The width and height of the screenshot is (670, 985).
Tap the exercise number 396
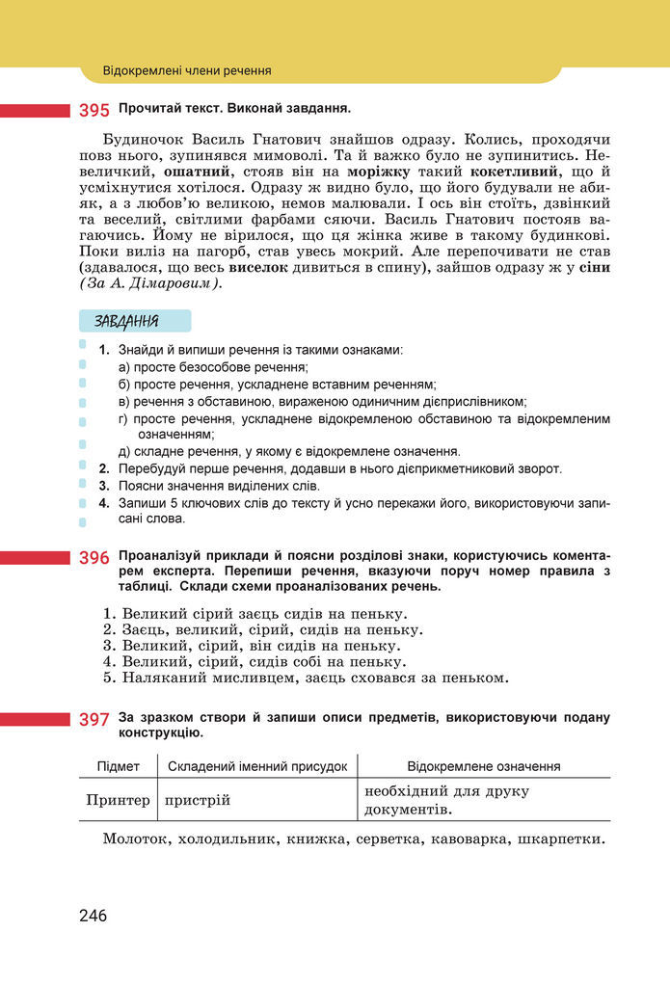point(94,558)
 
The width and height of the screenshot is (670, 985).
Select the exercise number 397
point(94,719)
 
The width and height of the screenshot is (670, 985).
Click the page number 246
point(94,916)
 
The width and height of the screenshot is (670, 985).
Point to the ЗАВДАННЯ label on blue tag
point(127,321)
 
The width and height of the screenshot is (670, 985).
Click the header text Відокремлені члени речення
point(187,70)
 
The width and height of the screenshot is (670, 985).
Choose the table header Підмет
point(119,766)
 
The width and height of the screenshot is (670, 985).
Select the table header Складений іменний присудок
point(257,766)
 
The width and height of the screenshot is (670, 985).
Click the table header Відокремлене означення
point(484,766)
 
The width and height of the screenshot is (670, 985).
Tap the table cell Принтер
point(119,800)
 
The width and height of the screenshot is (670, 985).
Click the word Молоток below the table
point(135,839)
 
